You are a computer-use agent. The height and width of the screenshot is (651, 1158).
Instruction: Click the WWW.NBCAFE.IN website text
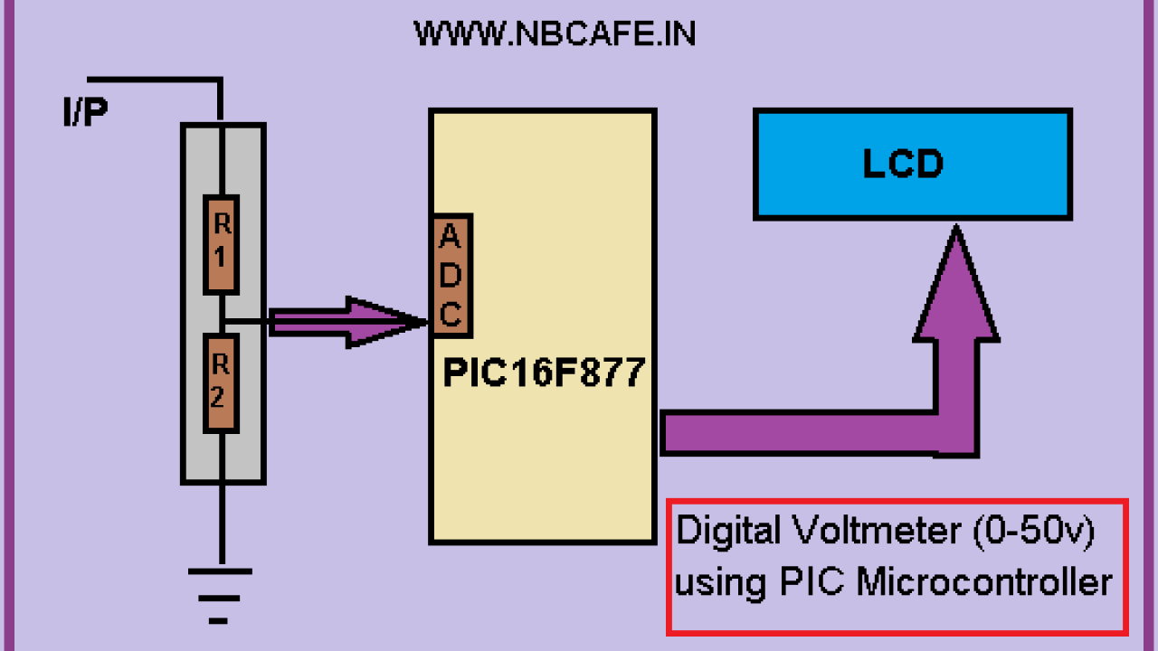(x=554, y=34)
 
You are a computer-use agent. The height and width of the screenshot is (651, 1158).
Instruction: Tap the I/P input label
(x=85, y=114)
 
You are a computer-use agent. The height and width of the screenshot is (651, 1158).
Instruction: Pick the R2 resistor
(x=220, y=384)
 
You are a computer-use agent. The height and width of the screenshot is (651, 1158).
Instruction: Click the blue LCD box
(x=912, y=165)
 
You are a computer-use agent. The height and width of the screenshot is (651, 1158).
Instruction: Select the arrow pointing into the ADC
(x=348, y=321)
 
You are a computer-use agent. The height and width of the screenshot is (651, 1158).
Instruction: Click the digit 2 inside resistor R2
(x=219, y=395)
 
